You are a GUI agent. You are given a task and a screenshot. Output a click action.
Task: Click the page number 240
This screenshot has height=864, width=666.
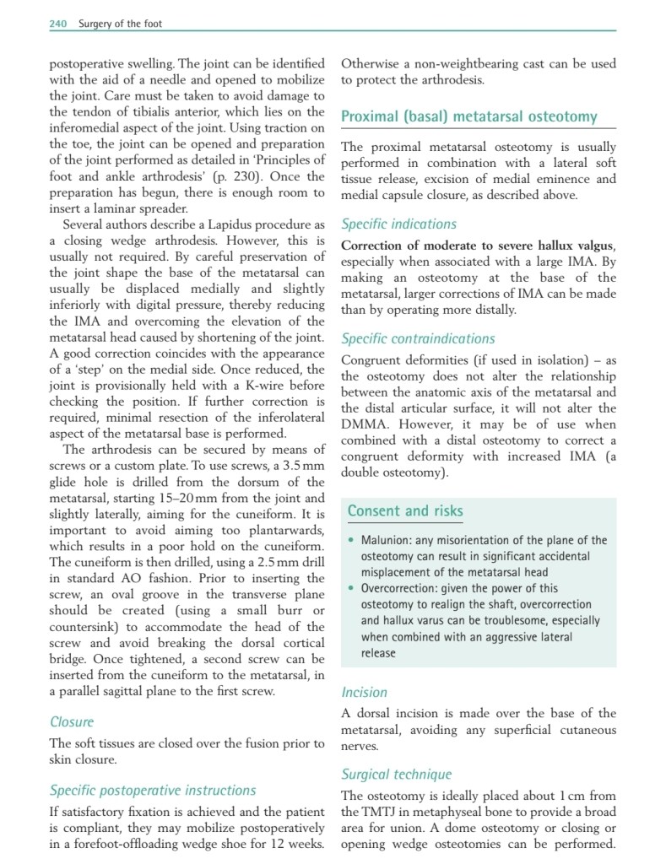[x=58, y=24]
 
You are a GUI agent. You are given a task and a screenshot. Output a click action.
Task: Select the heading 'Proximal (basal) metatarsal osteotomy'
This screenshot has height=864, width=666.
[x=468, y=117]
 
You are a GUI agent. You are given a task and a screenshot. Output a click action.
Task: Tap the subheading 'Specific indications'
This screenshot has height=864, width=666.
[x=398, y=224]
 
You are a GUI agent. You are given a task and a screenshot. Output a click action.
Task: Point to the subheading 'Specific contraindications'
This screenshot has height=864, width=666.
[x=418, y=339]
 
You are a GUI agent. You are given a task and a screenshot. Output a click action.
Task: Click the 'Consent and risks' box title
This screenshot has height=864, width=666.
[x=405, y=510]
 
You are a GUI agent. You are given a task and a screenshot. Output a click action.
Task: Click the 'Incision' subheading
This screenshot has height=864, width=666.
[x=364, y=693]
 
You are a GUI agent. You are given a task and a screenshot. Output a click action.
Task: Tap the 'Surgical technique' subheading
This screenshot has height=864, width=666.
[x=396, y=775]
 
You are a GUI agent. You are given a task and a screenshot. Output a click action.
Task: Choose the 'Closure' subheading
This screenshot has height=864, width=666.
[x=72, y=722]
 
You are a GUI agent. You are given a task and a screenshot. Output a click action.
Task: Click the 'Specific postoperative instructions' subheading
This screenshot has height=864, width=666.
[x=153, y=791]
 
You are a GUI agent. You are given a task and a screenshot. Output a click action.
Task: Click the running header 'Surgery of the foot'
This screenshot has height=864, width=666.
[x=120, y=24]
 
